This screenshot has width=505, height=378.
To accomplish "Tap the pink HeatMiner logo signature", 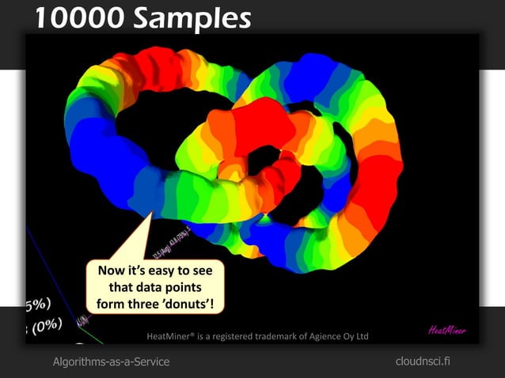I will [x=447, y=330].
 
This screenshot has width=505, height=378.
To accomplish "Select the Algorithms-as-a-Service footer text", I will [x=111, y=361].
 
